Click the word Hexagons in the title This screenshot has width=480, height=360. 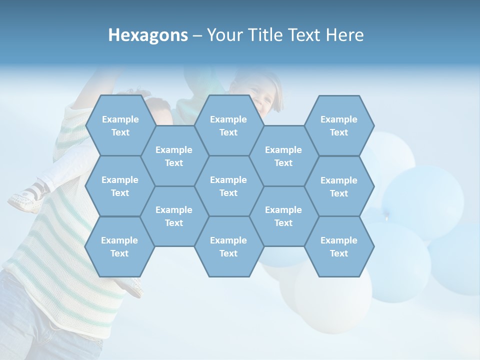pyautogui.click(x=148, y=35)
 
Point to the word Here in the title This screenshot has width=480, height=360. pyautogui.click(x=345, y=35)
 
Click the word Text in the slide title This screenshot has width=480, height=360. pyautogui.click(x=305, y=35)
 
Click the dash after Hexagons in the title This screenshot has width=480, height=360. pyautogui.click(x=197, y=35)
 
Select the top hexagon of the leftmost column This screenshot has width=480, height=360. pyautogui.click(x=120, y=125)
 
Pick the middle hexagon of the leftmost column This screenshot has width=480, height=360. pyautogui.click(x=120, y=186)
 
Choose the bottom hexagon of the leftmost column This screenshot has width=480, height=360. pyautogui.click(x=120, y=246)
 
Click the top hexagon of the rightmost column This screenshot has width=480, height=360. pyautogui.click(x=339, y=125)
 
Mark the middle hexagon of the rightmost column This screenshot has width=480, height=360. pyautogui.click(x=339, y=186)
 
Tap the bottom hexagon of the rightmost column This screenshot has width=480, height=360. pyautogui.click(x=339, y=246)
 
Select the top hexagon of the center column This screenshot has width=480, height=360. pyautogui.click(x=228, y=125)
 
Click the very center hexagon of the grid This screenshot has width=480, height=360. pyautogui.click(x=228, y=186)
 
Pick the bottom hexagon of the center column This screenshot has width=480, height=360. pyautogui.click(x=228, y=246)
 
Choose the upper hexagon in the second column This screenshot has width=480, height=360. pyautogui.click(x=174, y=156)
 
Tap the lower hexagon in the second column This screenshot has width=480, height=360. pyautogui.click(x=174, y=216)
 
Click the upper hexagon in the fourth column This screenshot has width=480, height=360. pyautogui.click(x=283, y=156)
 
